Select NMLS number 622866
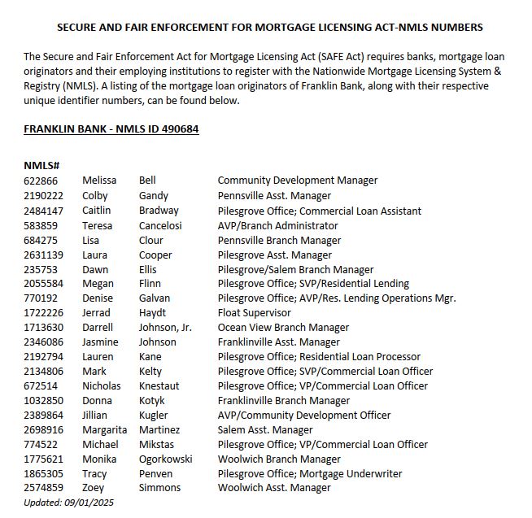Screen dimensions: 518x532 (x=41, y=181)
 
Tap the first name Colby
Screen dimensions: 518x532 (x=94, y=195)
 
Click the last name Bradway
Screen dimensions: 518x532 (x=159, y=211)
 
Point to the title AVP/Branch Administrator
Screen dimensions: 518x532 (x=277, y=225)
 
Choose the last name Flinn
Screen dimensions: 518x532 (x=150, y=284)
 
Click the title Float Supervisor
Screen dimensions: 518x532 (x=254, y=313)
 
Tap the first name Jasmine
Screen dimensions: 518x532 (x=100, y=342)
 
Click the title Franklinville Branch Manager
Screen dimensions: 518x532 (x=284, y=401)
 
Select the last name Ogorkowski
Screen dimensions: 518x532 (x=166, y=459)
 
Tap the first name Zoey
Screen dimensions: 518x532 (x=94, y=488)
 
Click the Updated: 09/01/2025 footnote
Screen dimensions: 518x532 (x=69, y=503)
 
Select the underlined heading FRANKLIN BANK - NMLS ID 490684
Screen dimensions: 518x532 (x=111, y=129)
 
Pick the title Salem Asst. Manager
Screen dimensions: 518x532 (x=265, y=429)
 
